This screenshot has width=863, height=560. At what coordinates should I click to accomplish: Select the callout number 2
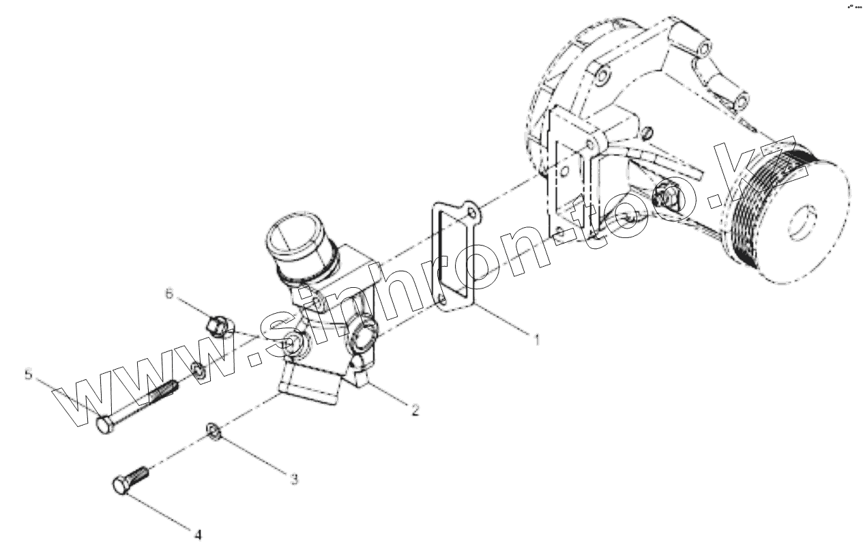(x=414, y=410)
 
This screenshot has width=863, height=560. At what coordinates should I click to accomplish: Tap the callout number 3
(x=294, y=480)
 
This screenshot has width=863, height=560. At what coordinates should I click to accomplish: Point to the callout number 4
(x=199, y=535)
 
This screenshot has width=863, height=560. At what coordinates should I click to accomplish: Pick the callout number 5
(x=28, y=374)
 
